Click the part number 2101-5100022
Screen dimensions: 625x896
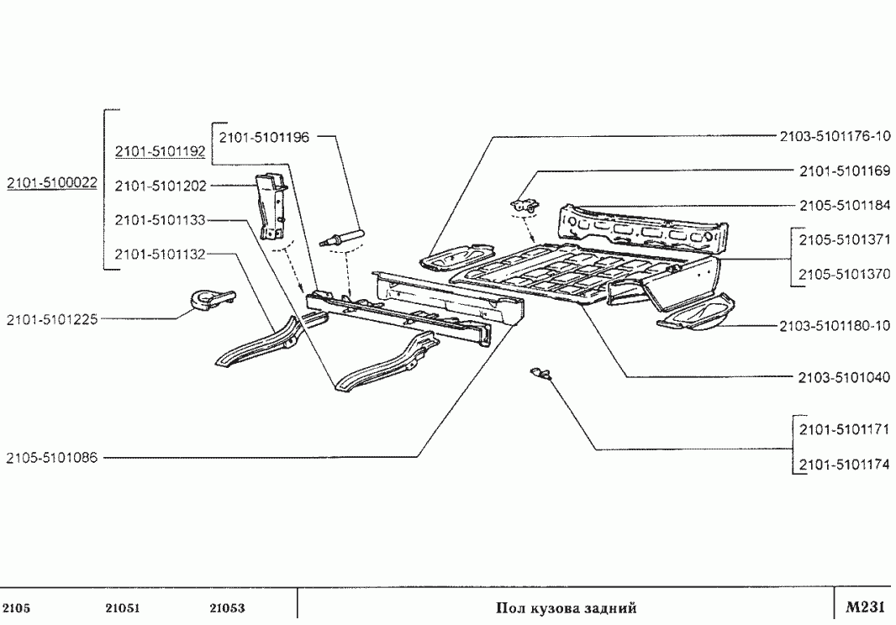[51, 184]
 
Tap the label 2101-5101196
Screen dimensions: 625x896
[264, 136]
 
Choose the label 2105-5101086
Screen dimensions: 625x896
[51, 458]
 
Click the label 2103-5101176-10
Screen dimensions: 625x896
[835, 136]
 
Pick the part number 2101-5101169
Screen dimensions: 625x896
[843, 171]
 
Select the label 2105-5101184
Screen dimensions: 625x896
[843, 206]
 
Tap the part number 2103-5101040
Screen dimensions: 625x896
[843, 378]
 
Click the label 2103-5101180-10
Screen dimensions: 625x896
[835, 325]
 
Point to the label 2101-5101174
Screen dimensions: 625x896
[843, 465]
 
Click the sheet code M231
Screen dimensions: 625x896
[865, 607]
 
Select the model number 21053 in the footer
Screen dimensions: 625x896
[227, 608]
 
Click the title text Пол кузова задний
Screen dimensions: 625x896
[567, 608]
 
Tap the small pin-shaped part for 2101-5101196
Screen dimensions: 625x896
[341, 236]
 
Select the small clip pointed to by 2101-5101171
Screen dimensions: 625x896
[540, 372]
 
